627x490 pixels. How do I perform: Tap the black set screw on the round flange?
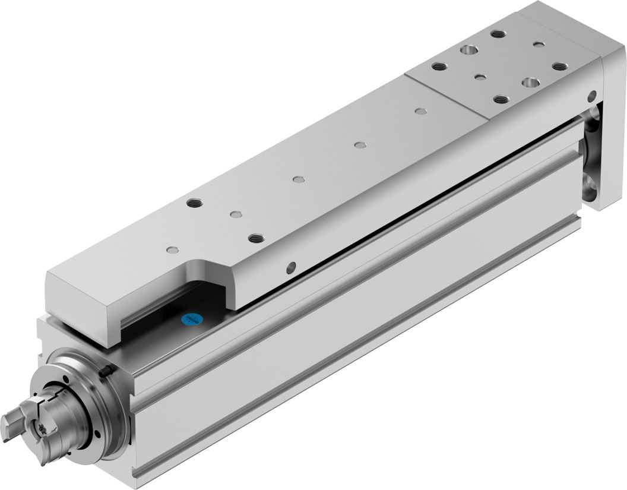click(x=106, y=372)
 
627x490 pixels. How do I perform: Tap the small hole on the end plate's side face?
click(x=591, y=95)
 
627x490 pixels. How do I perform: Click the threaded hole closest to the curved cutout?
click(x=256, y=238)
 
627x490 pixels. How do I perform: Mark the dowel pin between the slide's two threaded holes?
click(x=236, y=214)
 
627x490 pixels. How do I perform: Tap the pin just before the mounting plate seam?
click(x=421, y=111)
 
